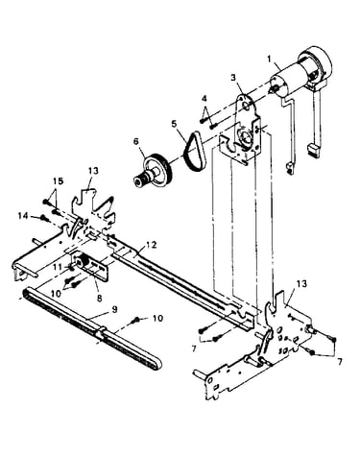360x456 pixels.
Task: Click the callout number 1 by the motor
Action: click(x=270, y=60)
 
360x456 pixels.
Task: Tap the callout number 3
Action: click(x=233, y=78)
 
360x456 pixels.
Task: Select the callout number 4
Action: click(x=204, y=97)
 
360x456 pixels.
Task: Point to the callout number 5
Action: click(x=174, y=124)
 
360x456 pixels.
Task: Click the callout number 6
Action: click(x=136, y=141)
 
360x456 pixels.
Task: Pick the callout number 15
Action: click(x=59, y=181)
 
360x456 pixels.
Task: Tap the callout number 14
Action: click(x=23, y=216)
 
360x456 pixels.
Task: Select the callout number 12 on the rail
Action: click(x=152, y=245)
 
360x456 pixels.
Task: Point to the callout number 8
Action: click(x=99, y=298)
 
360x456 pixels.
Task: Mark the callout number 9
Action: click(x=114, y=310)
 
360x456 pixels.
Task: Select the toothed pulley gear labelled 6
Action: click(x=154, y=171)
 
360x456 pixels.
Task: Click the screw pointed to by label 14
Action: click(x=44, y=219)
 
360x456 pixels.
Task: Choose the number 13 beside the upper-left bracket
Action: click(x=93, y=171)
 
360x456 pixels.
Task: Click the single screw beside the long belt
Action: click(x=136, y=320)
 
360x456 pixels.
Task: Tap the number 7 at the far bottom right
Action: click(x=339, y=362)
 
